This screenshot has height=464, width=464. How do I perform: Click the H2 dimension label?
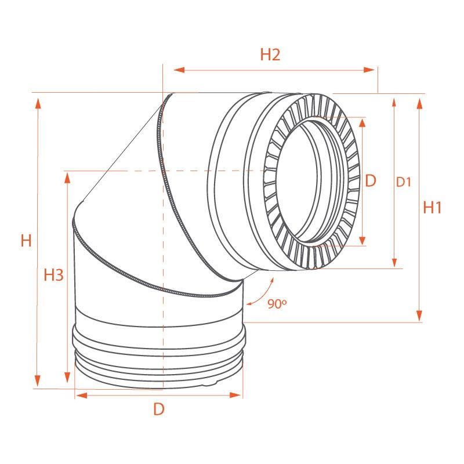(270, 55)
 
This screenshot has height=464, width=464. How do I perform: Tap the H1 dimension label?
(433, 207)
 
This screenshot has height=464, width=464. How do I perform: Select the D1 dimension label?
(404, 182)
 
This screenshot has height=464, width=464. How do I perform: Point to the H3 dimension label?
(53, 275)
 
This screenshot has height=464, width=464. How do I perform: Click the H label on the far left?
(26, 241)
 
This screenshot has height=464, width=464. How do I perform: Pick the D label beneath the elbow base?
(159, 409)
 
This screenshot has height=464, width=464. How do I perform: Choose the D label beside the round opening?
(371, 181)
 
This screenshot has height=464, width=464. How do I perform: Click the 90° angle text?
(277, 303)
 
